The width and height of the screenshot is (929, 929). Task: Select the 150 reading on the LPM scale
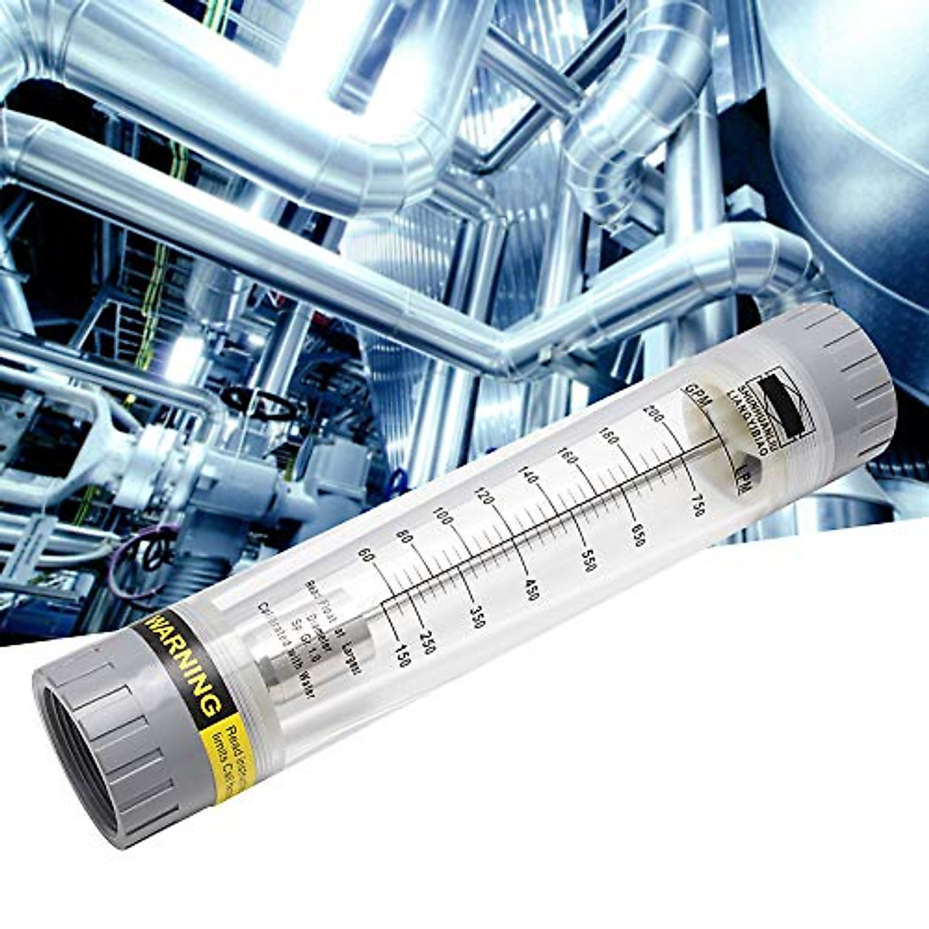400,655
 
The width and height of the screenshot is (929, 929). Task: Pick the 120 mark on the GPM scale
485,495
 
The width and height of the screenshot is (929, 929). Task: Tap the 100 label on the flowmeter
443,516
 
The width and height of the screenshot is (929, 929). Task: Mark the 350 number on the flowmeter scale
477,616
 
